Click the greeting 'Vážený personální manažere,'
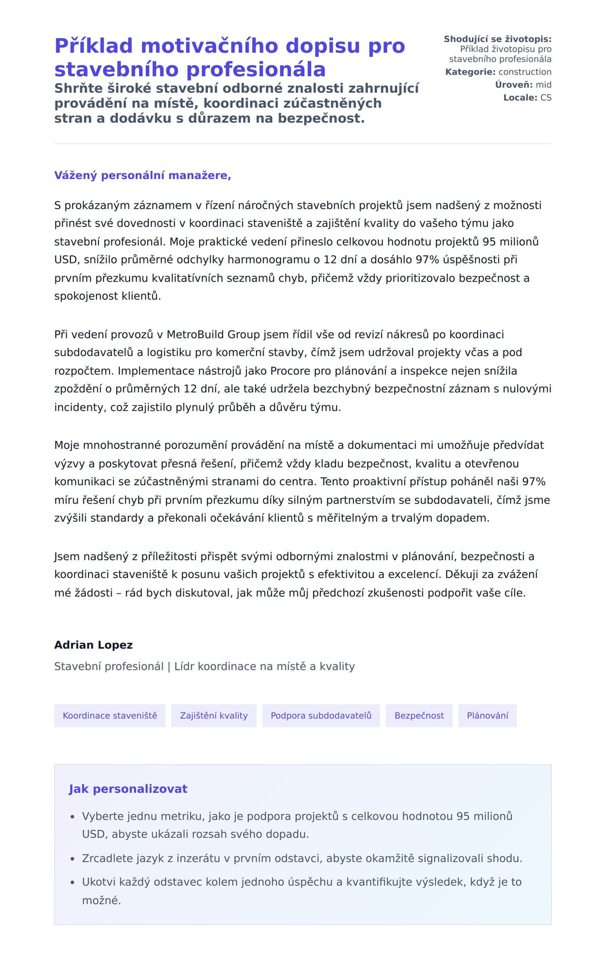(x=142, y=175)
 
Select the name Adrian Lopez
(x=93, y=645)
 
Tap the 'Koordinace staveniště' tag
(x=110, y=716)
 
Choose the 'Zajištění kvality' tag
(x=214, y=716)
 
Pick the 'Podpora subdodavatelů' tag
(x=321, y=716)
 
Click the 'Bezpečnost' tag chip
(x=419, y=716)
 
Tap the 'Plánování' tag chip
(x=487, y=716)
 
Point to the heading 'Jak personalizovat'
(x=128, y=789)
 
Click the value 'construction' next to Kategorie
(x=525, y=72)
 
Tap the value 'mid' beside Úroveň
(x=543, y=85)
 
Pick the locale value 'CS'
(x=545, y=98)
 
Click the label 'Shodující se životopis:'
(x=497, y=39)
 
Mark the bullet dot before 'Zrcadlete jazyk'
(x=73, y=859)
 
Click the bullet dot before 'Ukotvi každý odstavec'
(x=73, y=883)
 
